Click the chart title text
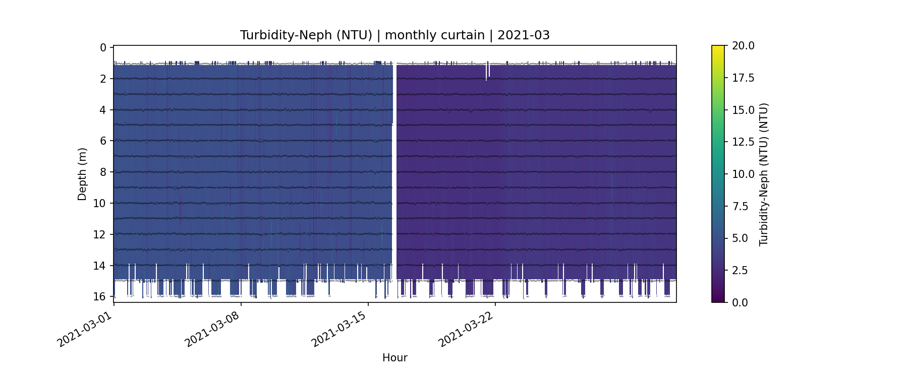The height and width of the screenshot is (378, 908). (x=394, y=35)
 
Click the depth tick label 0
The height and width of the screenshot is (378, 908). (x=103, y=48)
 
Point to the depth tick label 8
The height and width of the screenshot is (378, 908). (x=103, y=172)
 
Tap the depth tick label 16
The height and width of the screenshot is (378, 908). (x=100, y=296)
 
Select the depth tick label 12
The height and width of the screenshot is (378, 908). (x=100, y=234)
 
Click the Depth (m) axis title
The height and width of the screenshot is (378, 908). (x=82, y=174)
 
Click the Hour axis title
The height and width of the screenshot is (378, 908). (x=394, y=358)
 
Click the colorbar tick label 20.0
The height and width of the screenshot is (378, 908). (x=743, y=46)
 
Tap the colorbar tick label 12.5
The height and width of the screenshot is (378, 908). (x=743, y=142)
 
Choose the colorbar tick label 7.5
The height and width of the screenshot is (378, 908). (x=740, y=206)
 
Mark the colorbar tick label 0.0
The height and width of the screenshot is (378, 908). (x=740, y=302)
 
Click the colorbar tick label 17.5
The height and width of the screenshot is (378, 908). (x=743, y=78)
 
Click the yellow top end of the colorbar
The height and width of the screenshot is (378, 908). (x=718, y=48)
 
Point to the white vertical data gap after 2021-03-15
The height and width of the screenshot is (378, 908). (x=394, y=171)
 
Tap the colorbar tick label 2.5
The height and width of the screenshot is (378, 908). (x=740, y=270)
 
